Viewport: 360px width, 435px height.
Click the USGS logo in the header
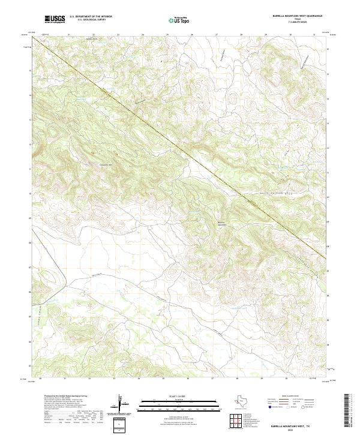(55, 19)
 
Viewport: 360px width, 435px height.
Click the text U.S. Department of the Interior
(91, 16)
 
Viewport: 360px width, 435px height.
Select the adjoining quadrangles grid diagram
(236, 422)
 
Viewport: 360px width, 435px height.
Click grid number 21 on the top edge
(69, 34)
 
